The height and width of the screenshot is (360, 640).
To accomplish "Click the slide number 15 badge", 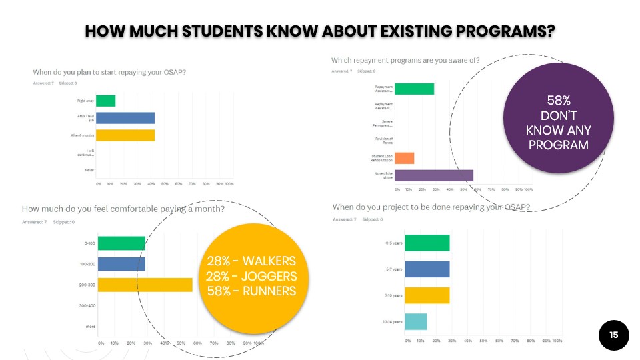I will coord(614,335).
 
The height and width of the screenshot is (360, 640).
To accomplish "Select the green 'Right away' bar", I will coord(106,101).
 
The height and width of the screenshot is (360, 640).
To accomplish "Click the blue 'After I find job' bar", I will coord(125,118).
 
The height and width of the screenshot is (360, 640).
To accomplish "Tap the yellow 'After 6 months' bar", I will coord(125,135).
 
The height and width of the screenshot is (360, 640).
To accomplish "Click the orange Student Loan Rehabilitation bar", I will coord(405,158).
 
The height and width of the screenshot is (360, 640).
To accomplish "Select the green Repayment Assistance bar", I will coord(415,89).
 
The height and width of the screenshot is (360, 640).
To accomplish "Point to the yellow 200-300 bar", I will coord(145,285).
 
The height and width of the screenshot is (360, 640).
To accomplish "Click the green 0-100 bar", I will coord(121,243).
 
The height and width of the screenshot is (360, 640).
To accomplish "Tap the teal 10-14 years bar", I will coord(416,321).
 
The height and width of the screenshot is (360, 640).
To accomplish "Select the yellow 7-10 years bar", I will coord(427,295).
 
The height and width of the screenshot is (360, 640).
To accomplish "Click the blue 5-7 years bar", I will coord(427,269).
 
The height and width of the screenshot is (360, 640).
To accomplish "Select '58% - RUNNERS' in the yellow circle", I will coord(251,291).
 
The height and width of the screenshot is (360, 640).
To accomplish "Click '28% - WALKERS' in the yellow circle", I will coord(251,261).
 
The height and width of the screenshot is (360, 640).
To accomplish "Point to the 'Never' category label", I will coord(89,170).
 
